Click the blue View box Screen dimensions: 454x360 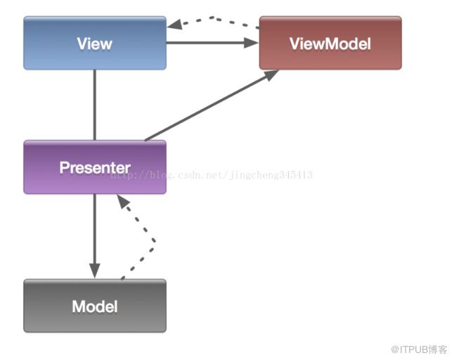coord(95,43)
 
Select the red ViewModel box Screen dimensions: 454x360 coord(330,43)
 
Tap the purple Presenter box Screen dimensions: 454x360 coord(95,167)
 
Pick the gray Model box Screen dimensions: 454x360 coord(95,306)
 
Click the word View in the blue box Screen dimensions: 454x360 coord(95,44)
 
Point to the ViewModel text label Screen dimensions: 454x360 coord(330,44)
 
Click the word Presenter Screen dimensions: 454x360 coord(95,167)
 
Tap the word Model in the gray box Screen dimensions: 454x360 coord(95,307)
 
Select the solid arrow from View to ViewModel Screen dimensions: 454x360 coord(212,43)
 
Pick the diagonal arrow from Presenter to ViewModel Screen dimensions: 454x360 coord(212,105)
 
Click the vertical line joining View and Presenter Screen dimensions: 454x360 coord(95,105)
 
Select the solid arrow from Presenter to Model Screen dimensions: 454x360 coord(95,236)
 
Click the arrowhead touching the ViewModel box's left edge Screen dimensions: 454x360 coord(252,43)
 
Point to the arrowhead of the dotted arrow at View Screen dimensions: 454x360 coord(174,25)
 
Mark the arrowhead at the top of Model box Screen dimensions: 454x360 coord(95,271)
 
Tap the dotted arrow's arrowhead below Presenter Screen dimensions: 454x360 coord(123,200)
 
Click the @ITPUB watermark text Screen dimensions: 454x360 coord(419,349)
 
